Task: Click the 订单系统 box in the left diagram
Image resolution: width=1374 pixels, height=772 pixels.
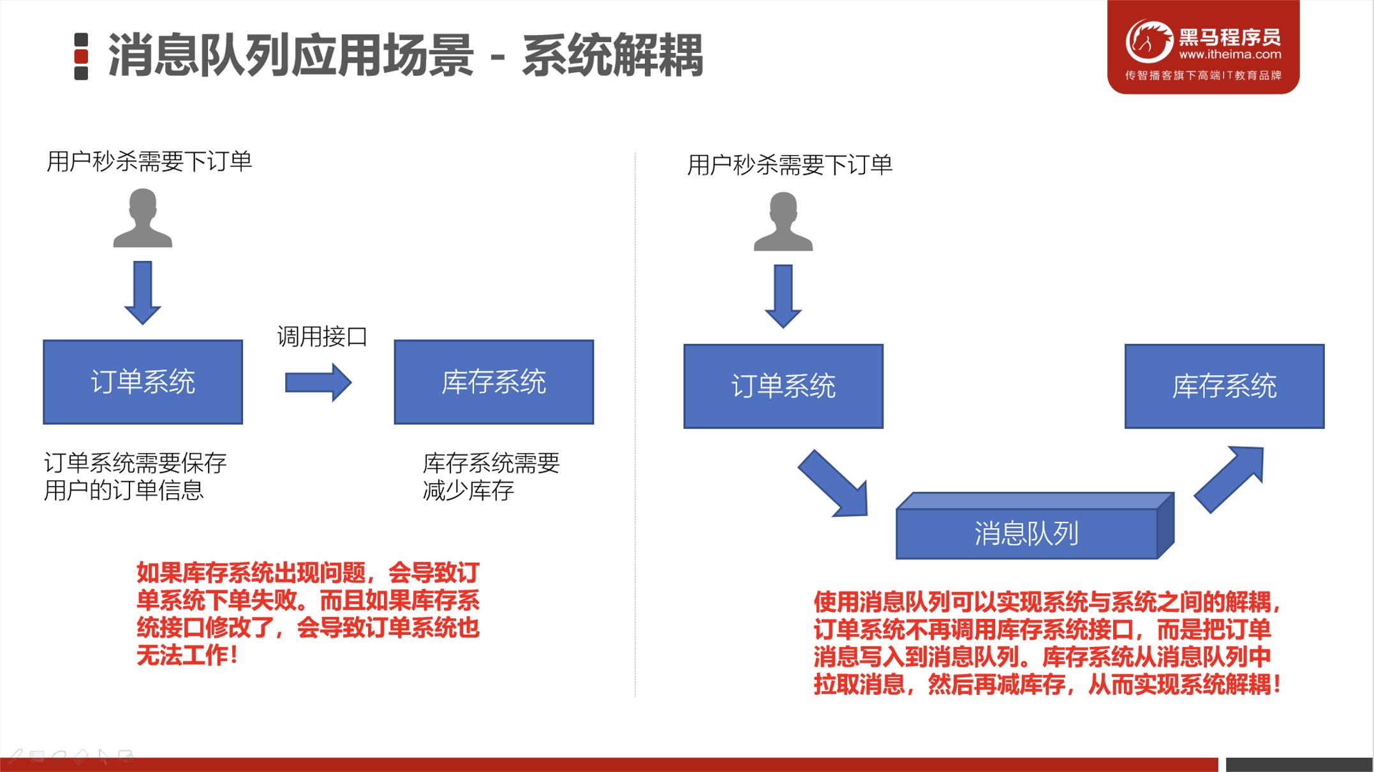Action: tap(143, 382)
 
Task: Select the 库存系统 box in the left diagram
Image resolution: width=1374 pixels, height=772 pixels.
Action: tap(494, 382)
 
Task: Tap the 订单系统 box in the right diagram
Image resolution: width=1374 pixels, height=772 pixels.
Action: tap(783, 386)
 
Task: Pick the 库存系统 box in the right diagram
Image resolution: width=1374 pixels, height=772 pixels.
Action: tap(1224, 386)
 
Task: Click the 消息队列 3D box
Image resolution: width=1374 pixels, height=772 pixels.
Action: tap(1027, 533)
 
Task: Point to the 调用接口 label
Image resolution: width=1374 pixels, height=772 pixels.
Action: tap(322, 336)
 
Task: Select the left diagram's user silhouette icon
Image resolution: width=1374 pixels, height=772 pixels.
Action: tap(143, 218)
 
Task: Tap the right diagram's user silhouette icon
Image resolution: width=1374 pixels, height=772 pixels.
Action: tap(783, 221)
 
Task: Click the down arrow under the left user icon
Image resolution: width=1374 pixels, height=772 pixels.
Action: tap(143, 292)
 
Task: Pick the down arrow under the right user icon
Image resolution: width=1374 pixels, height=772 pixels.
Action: tap(783, 296)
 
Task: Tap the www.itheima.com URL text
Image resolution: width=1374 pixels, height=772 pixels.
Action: tap(1230, 55)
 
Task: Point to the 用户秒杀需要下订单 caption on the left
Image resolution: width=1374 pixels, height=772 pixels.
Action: tap(149, 161)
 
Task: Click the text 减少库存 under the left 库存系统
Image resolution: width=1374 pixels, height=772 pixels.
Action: tap(468, 491)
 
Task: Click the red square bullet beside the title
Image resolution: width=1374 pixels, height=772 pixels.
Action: tap(81, 56)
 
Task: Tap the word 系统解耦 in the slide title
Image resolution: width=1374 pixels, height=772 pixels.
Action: tap(612, 56)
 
